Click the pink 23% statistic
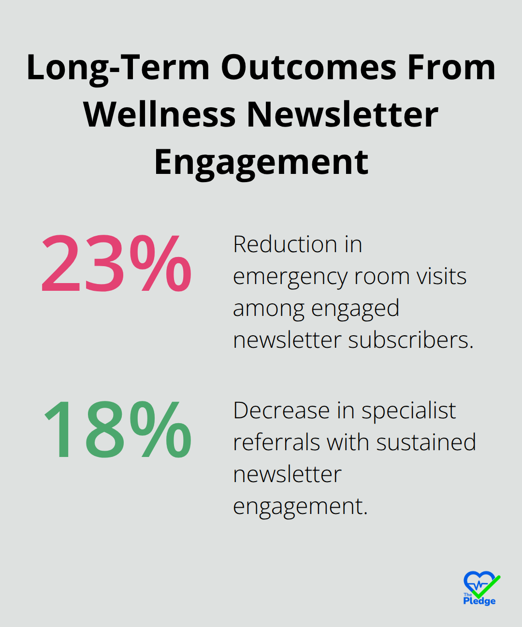[116, 263]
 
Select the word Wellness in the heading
[159, 114]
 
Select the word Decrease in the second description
[282, 410]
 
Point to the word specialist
[409, 412]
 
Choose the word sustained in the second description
[426, 442]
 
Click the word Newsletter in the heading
[343, 114]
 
